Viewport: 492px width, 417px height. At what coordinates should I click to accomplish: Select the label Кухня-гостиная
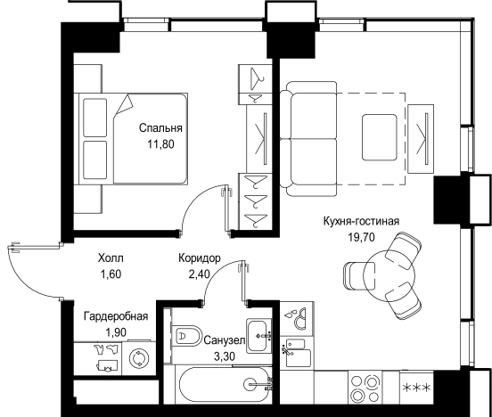(360, 222)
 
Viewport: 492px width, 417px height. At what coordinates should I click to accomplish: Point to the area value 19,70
(360, 237)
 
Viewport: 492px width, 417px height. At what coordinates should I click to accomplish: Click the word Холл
(111, 259)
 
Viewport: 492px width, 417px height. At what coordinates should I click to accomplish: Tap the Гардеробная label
(115, 317)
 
